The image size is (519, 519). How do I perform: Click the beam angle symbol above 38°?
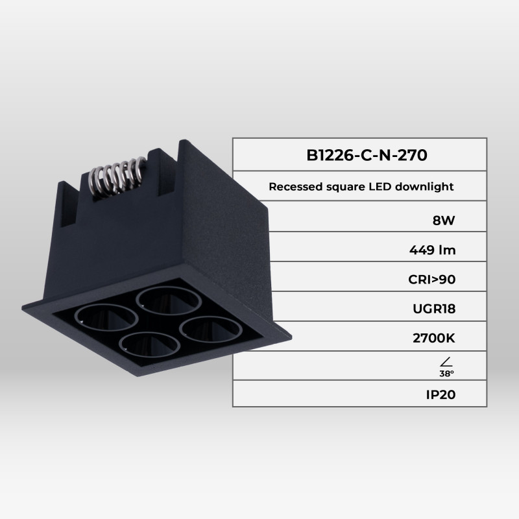445,361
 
